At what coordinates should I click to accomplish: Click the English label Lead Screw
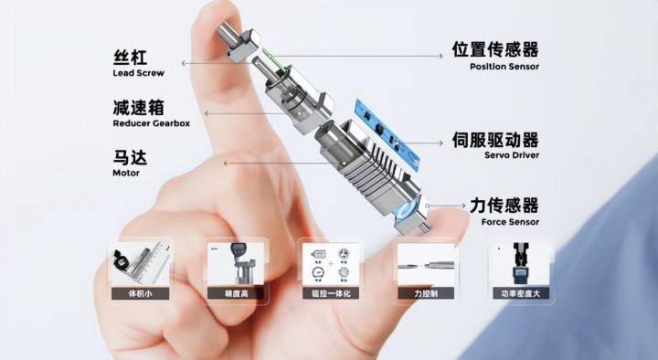[x=139, y=73]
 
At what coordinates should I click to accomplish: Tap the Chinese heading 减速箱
[x=138, y=108]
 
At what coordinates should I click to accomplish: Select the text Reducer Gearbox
[x=152, y=123]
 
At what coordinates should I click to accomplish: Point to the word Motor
[x=126, y=173]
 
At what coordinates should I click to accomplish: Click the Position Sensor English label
[x=504, y=67]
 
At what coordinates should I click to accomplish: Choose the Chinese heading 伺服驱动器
[x=495, y=140]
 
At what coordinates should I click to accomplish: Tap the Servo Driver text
[x=512, y=155]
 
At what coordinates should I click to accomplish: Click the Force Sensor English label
[x=510, y=222]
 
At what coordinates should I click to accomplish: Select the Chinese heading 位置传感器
[x=495, y=49]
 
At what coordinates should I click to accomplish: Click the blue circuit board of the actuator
[x=387, y=135]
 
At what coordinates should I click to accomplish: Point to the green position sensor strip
[x=268, y=57]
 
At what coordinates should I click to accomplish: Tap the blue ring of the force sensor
[x=405, y=208]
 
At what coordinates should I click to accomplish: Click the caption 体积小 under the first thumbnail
[x=140, y=293]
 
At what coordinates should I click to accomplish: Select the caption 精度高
[x=236, y=293]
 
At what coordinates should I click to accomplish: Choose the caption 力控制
[x=426, y=293]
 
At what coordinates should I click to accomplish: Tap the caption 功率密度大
[x=521, y=293]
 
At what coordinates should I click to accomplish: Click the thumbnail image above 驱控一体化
[x=331, y=265]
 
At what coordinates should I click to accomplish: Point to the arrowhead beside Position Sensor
[x=441, y=56]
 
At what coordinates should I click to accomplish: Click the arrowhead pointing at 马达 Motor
[x=226, y=164]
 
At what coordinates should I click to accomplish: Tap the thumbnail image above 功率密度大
[x=521, y=264]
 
